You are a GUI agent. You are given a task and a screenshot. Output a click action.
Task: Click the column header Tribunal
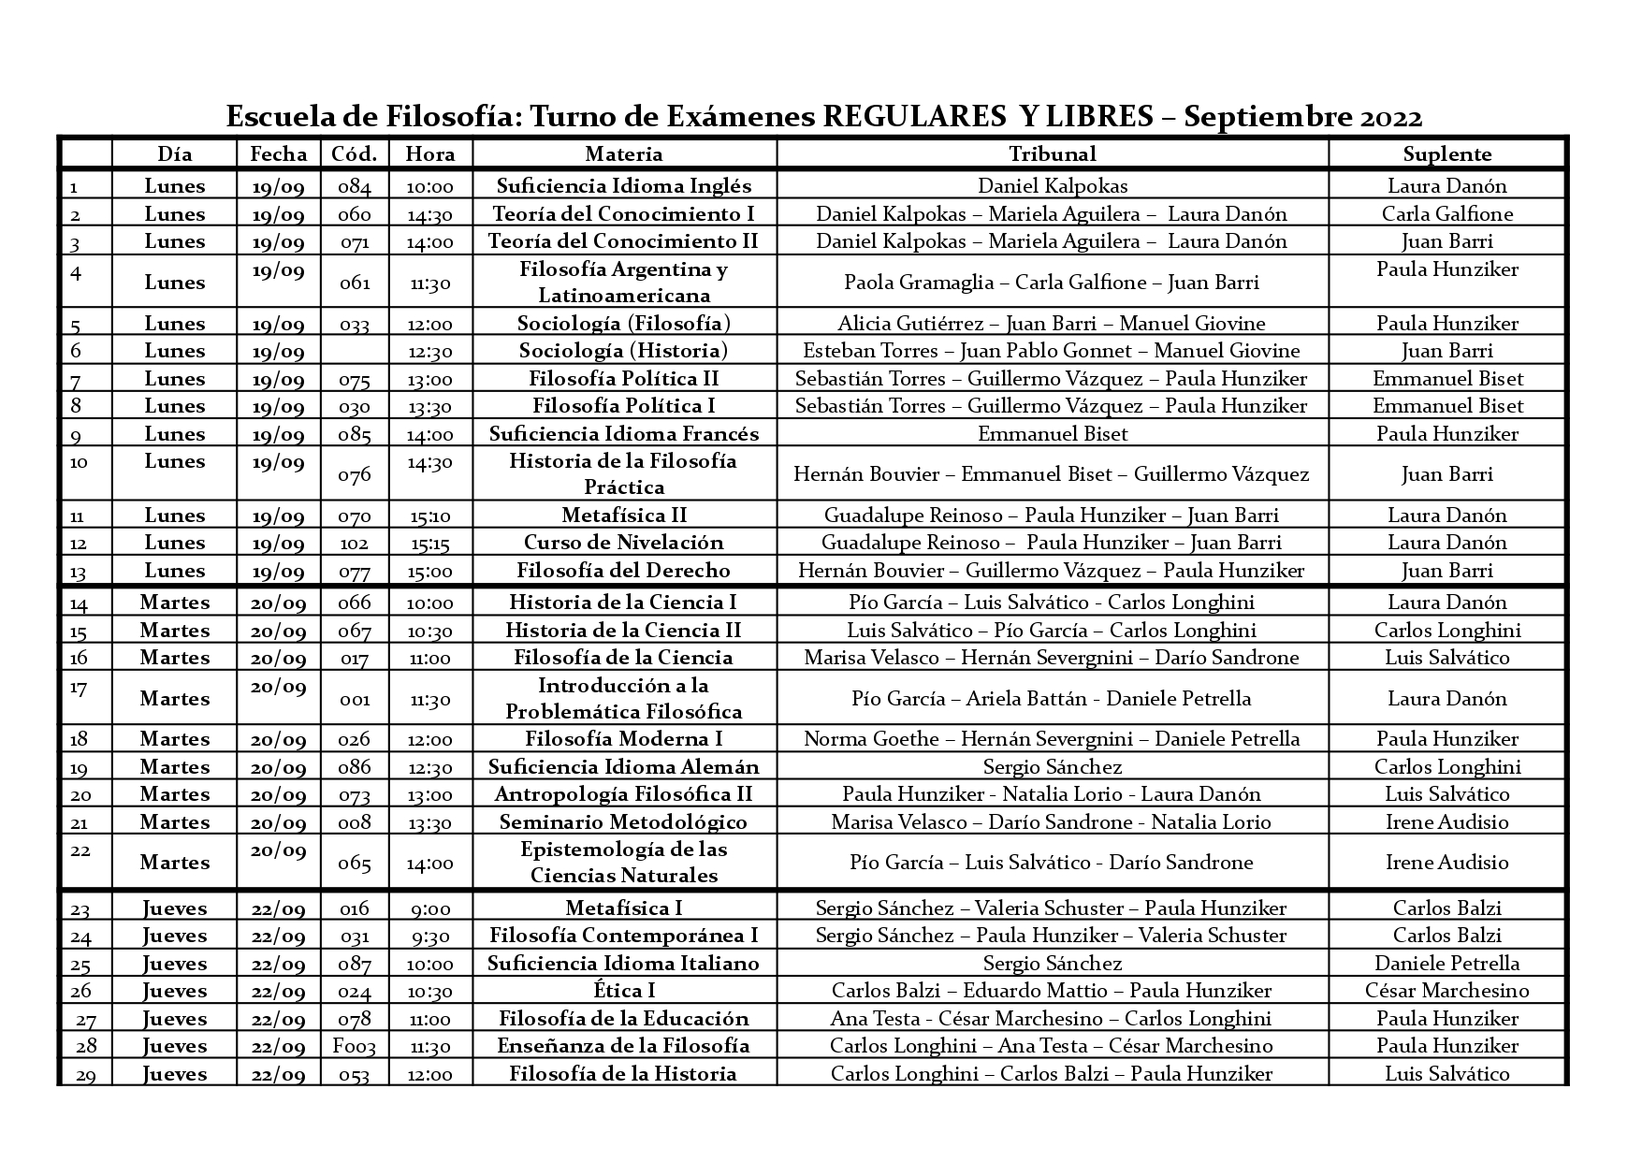pos(1052,154)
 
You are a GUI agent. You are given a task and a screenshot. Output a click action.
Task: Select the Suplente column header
pos(1446,154)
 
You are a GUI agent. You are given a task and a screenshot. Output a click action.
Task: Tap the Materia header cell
pos(623,154)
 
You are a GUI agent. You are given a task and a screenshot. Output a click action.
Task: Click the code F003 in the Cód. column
pos(355,1046)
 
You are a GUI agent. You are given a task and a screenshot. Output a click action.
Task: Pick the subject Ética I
pos(623,991)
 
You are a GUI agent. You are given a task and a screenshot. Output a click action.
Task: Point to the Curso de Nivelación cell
pos(623,543)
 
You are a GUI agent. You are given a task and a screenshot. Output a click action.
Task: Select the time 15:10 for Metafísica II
pos(430,516)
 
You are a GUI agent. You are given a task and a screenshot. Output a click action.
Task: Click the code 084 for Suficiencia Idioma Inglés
pos(355,186)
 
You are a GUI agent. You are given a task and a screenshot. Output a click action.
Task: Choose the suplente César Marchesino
pos(1446,991)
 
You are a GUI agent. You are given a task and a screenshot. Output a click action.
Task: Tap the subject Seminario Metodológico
pos(623,822)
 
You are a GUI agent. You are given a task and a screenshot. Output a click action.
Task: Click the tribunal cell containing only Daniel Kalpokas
pos(1052,186)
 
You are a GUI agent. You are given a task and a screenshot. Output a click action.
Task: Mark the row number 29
pos(85,1075)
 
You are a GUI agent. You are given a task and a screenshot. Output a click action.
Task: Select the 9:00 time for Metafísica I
pos(430,908)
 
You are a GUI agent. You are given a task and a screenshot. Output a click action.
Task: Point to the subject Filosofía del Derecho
pos(623,571)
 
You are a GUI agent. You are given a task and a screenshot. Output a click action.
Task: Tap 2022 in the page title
pos(1391,117)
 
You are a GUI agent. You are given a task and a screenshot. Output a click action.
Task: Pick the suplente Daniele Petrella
pos(1446,964)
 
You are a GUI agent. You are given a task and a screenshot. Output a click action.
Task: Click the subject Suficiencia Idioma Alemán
pos(623,767)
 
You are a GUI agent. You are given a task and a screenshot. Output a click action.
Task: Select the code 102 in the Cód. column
pos(355,543)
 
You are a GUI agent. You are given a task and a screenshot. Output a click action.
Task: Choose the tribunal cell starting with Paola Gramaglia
pos(1052,283)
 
